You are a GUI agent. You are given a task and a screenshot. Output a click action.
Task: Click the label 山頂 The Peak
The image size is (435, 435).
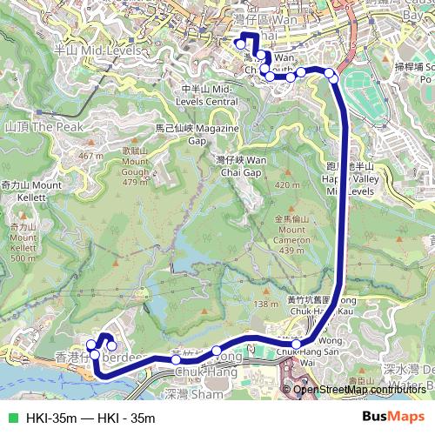click(43, 127)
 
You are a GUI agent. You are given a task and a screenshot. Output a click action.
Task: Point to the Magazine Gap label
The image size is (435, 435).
click(185, 133)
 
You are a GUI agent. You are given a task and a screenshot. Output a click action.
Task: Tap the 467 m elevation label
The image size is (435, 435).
click(90, 156)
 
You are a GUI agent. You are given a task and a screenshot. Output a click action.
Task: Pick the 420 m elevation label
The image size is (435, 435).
click(286, 185)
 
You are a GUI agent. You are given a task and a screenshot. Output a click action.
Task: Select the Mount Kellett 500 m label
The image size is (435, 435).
click(23, 243)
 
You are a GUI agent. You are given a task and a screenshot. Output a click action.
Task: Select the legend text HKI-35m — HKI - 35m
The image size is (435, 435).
click(90, 418)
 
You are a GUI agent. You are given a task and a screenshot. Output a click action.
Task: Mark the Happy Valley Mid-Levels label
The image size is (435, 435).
click(348, 177)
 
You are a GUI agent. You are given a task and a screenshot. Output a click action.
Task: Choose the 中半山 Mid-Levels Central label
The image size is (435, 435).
click(209, 95)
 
